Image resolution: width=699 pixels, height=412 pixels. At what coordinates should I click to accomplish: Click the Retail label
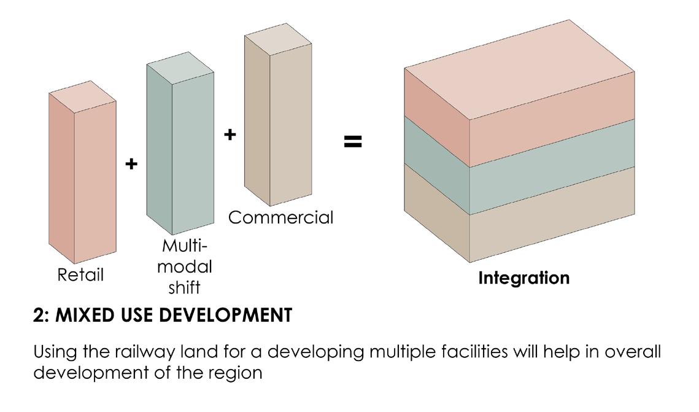coord(80,275)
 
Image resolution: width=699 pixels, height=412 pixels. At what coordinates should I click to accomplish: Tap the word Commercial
coord(280,217)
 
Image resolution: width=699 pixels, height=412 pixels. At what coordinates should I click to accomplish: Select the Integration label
coord(523,278)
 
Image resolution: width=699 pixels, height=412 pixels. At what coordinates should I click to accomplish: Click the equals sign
coord(352,142)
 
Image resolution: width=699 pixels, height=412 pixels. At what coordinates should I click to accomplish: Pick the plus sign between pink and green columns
coord(131,164)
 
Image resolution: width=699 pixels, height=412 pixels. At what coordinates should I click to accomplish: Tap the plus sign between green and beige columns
coord(230,134)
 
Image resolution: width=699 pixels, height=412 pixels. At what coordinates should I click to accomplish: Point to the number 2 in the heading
coord(37,316)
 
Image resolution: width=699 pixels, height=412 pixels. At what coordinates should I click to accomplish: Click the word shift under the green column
coord(185,287)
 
